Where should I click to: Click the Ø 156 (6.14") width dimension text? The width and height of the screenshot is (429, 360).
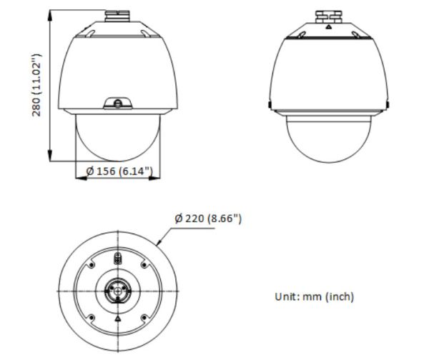tap(118, 171)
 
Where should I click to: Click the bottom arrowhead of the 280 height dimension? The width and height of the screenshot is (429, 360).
tap(51, 160)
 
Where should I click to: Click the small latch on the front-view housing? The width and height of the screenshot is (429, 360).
tap(119, 104)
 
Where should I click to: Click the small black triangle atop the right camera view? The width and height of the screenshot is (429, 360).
tap(327, 26)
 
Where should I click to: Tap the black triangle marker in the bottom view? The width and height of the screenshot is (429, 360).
tap(117, 314)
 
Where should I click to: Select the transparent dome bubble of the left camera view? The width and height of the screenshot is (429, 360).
tap(118, 139)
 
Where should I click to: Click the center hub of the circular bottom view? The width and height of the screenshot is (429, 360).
tap(117, 289)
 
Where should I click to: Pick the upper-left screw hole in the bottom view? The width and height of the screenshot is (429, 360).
tap(91, 265)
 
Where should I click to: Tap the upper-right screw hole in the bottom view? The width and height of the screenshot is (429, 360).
tap(143, 265)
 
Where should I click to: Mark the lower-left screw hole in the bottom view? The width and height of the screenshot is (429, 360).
tap(91, 315)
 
